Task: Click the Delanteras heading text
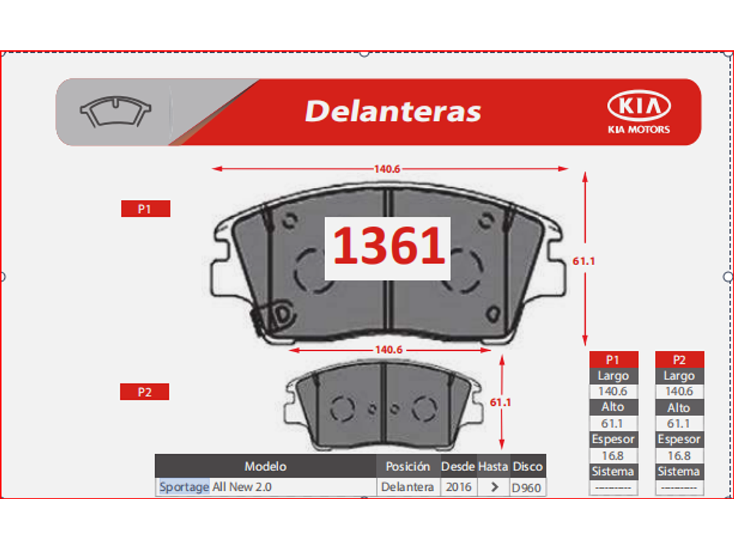(393, 111)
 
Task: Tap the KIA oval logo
(639, 105)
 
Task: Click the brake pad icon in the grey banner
(115, 111)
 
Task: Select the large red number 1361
(388, 245)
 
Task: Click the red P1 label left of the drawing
(146, 209)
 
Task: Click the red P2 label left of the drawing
(145, 392)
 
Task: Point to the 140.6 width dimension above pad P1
(387, 169)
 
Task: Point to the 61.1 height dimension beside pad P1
(584, 261)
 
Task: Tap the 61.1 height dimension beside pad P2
(501, 402)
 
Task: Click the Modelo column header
(265, 466)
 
